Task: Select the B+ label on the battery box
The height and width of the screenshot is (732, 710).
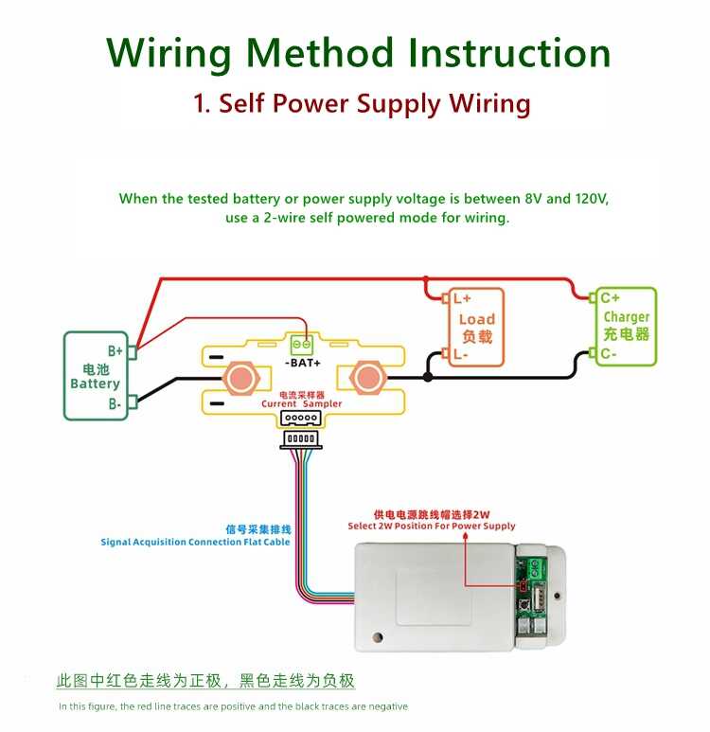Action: pyautogui.click(x=115, y=349)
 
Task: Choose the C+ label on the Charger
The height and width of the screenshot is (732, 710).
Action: pyautogui.click(x=611, y=297)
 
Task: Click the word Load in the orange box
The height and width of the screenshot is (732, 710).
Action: pyautogui.click(x=477, y=319)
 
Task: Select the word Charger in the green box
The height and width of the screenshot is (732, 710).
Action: pyautogui.click(x=627, y=317)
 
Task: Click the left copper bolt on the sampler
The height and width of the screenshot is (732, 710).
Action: pyautogui.click(x=240, y=378)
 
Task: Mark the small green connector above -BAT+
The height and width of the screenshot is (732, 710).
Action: pyautogui.click(x=302, y=343)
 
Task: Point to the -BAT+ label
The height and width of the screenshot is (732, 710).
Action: pyautogui.click(x=302, y=363)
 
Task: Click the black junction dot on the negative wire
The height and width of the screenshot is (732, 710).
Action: pyautogui.click(x=428, y=377)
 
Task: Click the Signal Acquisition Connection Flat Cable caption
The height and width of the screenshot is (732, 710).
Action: pyautogui.click(x=195, y=542)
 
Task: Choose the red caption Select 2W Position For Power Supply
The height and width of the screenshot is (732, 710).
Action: pyautogui.click(x=432, y=526)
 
